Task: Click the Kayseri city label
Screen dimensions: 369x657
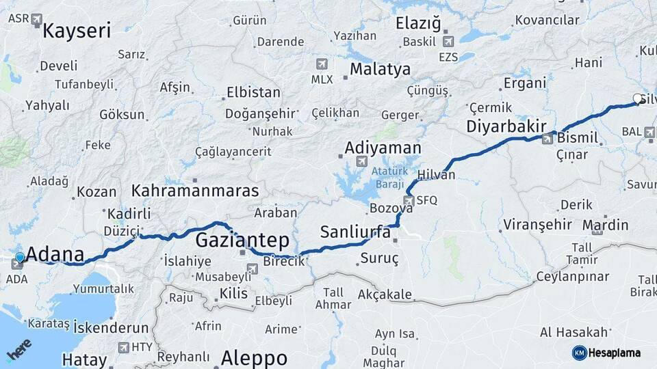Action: (77, 31)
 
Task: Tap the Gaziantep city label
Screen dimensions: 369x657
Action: (242, 241)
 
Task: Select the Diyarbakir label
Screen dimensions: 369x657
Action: (506, 126)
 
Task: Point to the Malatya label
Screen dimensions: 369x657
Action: (380, 69)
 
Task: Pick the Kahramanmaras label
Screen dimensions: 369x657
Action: (196, 191)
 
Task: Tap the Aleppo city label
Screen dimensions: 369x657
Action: (254, 358)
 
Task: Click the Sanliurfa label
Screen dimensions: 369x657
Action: (355, 232)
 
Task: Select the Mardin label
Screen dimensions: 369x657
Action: (606, 225)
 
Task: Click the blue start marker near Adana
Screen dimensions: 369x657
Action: (20, 257)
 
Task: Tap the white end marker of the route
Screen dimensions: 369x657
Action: (638, 98)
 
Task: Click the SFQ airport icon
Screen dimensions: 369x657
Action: (409, 200)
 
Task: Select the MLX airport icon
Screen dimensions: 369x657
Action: (322, 64)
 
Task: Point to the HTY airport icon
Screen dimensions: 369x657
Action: (124, 347)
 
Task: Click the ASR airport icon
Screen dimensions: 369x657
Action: (36, 19)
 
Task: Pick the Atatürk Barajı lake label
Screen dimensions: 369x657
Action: (389, 177)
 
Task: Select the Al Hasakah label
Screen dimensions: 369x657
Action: (574, 332)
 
